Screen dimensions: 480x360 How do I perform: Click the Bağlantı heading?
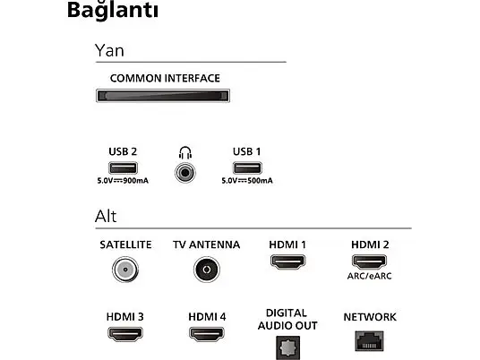[x=113, y=11]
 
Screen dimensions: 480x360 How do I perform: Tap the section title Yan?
[x=109, y=50]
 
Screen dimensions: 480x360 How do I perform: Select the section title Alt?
[x=106, y=217]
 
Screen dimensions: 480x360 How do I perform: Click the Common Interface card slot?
[x=163, y=96]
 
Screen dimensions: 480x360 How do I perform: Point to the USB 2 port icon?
[x=123, y=167]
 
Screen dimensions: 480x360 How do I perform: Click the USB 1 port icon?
[x=247, y=167]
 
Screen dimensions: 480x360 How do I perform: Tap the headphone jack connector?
[x=184, y=173]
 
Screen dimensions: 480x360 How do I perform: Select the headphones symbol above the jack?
[x=185, y=153]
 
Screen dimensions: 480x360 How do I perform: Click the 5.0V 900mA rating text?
[x=123, y=181]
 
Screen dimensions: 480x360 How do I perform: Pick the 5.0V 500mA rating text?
[x=247, y=181]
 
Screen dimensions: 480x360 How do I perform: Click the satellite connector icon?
[x=125, y=270]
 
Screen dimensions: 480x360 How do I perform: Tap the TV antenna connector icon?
[x=207, y=270]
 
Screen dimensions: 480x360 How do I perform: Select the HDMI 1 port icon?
[x=287, y=261]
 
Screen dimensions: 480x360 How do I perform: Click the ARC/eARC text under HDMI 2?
[x=370, y=276]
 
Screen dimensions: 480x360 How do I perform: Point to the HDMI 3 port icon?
[x=125, y=334]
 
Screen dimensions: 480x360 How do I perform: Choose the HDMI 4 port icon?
[x=207, y=334]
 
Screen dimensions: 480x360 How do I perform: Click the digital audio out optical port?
[x=287, y=347]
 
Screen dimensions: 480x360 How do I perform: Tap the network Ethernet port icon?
[x=369, y=341]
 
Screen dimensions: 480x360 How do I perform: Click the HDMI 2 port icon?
[x=369, y=261]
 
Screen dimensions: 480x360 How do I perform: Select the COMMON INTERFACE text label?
[x=165, y=79]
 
